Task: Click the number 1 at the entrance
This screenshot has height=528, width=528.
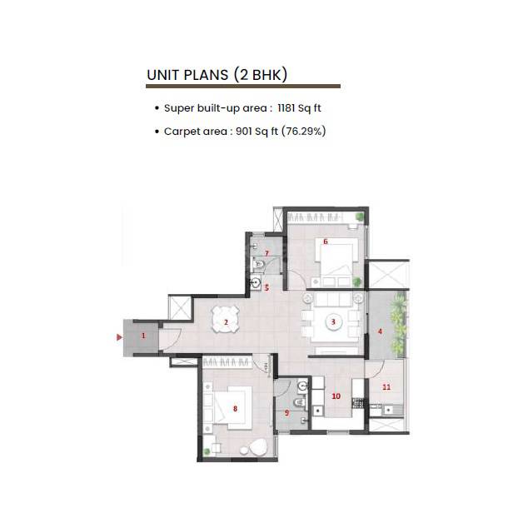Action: [143, 336]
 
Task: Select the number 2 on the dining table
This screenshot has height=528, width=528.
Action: [225, 322]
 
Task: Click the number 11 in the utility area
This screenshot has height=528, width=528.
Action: [386, 387]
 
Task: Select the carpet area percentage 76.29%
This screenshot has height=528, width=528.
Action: [303, 132]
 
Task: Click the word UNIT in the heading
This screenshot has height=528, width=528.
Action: [164, 75]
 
